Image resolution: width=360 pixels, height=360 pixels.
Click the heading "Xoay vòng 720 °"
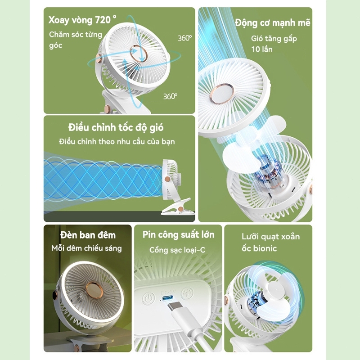pos(82,20)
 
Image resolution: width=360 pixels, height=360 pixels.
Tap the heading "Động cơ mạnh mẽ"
pos(272,23)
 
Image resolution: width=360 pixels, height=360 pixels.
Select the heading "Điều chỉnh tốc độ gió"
pos(116,127)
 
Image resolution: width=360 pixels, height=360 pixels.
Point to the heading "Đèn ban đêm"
pos(88,235)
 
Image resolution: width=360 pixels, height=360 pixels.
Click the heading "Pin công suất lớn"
pos(178,234)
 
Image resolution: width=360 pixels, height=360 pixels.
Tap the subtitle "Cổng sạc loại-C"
pos(177,250)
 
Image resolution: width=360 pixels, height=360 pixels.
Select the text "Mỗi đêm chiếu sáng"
pos(86,248)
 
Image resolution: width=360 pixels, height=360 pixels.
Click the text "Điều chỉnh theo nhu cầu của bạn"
pos(117,141)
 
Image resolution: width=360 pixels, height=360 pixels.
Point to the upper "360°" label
pos(185,38)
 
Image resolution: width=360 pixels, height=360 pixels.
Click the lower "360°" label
pos(170,96)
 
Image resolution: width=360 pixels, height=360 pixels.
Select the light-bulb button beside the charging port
pos(188,293)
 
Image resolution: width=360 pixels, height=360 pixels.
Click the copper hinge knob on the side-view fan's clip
pos(181,209)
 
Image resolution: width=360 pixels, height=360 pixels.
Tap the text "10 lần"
pos(262,49)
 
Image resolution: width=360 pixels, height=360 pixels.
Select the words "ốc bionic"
pos(259,248)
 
